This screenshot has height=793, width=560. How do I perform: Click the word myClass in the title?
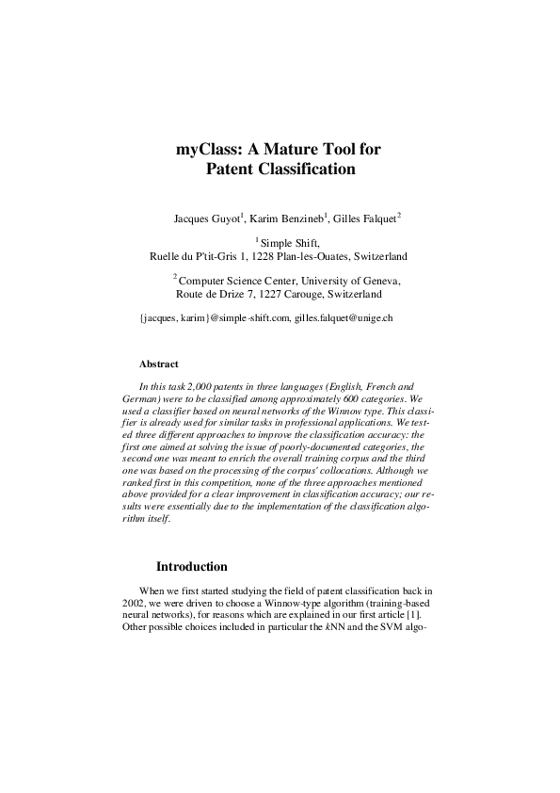click(208, 148)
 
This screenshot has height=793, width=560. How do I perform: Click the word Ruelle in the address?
click(168, 255)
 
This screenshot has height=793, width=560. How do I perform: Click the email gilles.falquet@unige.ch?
click(344, 318)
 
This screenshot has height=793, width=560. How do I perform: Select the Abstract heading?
click(158, 364)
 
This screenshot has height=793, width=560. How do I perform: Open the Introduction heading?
click(191, 567)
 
